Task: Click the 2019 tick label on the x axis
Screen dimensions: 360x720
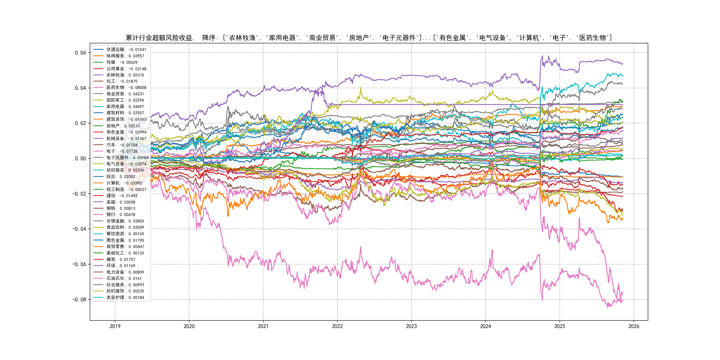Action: (115, 326)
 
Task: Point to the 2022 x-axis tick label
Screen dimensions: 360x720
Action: (337, 326)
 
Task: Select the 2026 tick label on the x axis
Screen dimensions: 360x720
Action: (634, 326)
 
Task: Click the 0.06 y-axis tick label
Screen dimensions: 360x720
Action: (80, 53)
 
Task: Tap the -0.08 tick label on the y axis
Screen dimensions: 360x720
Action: (79, 300)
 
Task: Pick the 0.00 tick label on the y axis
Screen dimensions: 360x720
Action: (80, 158)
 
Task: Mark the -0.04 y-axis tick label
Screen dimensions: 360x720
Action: (79, 229)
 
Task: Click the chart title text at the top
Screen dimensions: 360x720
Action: (369, 38)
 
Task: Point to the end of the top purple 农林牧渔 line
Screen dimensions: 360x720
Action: (622, 64)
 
